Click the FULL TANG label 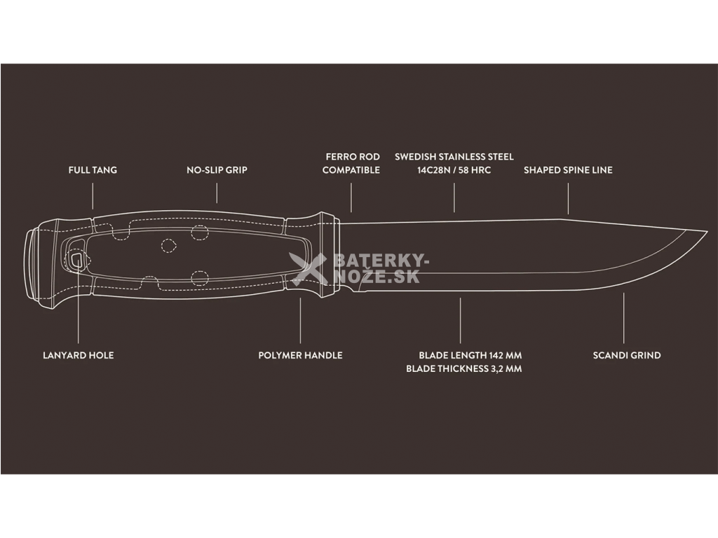pos(93,170)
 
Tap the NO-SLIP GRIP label pos(217,170)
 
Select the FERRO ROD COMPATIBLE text pos(351,163)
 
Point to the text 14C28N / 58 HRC pos(454,170)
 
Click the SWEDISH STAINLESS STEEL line pos(454,157)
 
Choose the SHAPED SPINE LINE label pos(568,170)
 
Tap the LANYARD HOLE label pos(78,355)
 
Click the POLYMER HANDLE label pos(300,355)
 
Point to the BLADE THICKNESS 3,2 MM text pos(463,368)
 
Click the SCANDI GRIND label pos(627,355)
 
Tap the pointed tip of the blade pos(705,232)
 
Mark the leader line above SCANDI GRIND pos(624,319)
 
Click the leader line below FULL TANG pos(93,196)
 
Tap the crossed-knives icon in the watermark pos(309,269)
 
